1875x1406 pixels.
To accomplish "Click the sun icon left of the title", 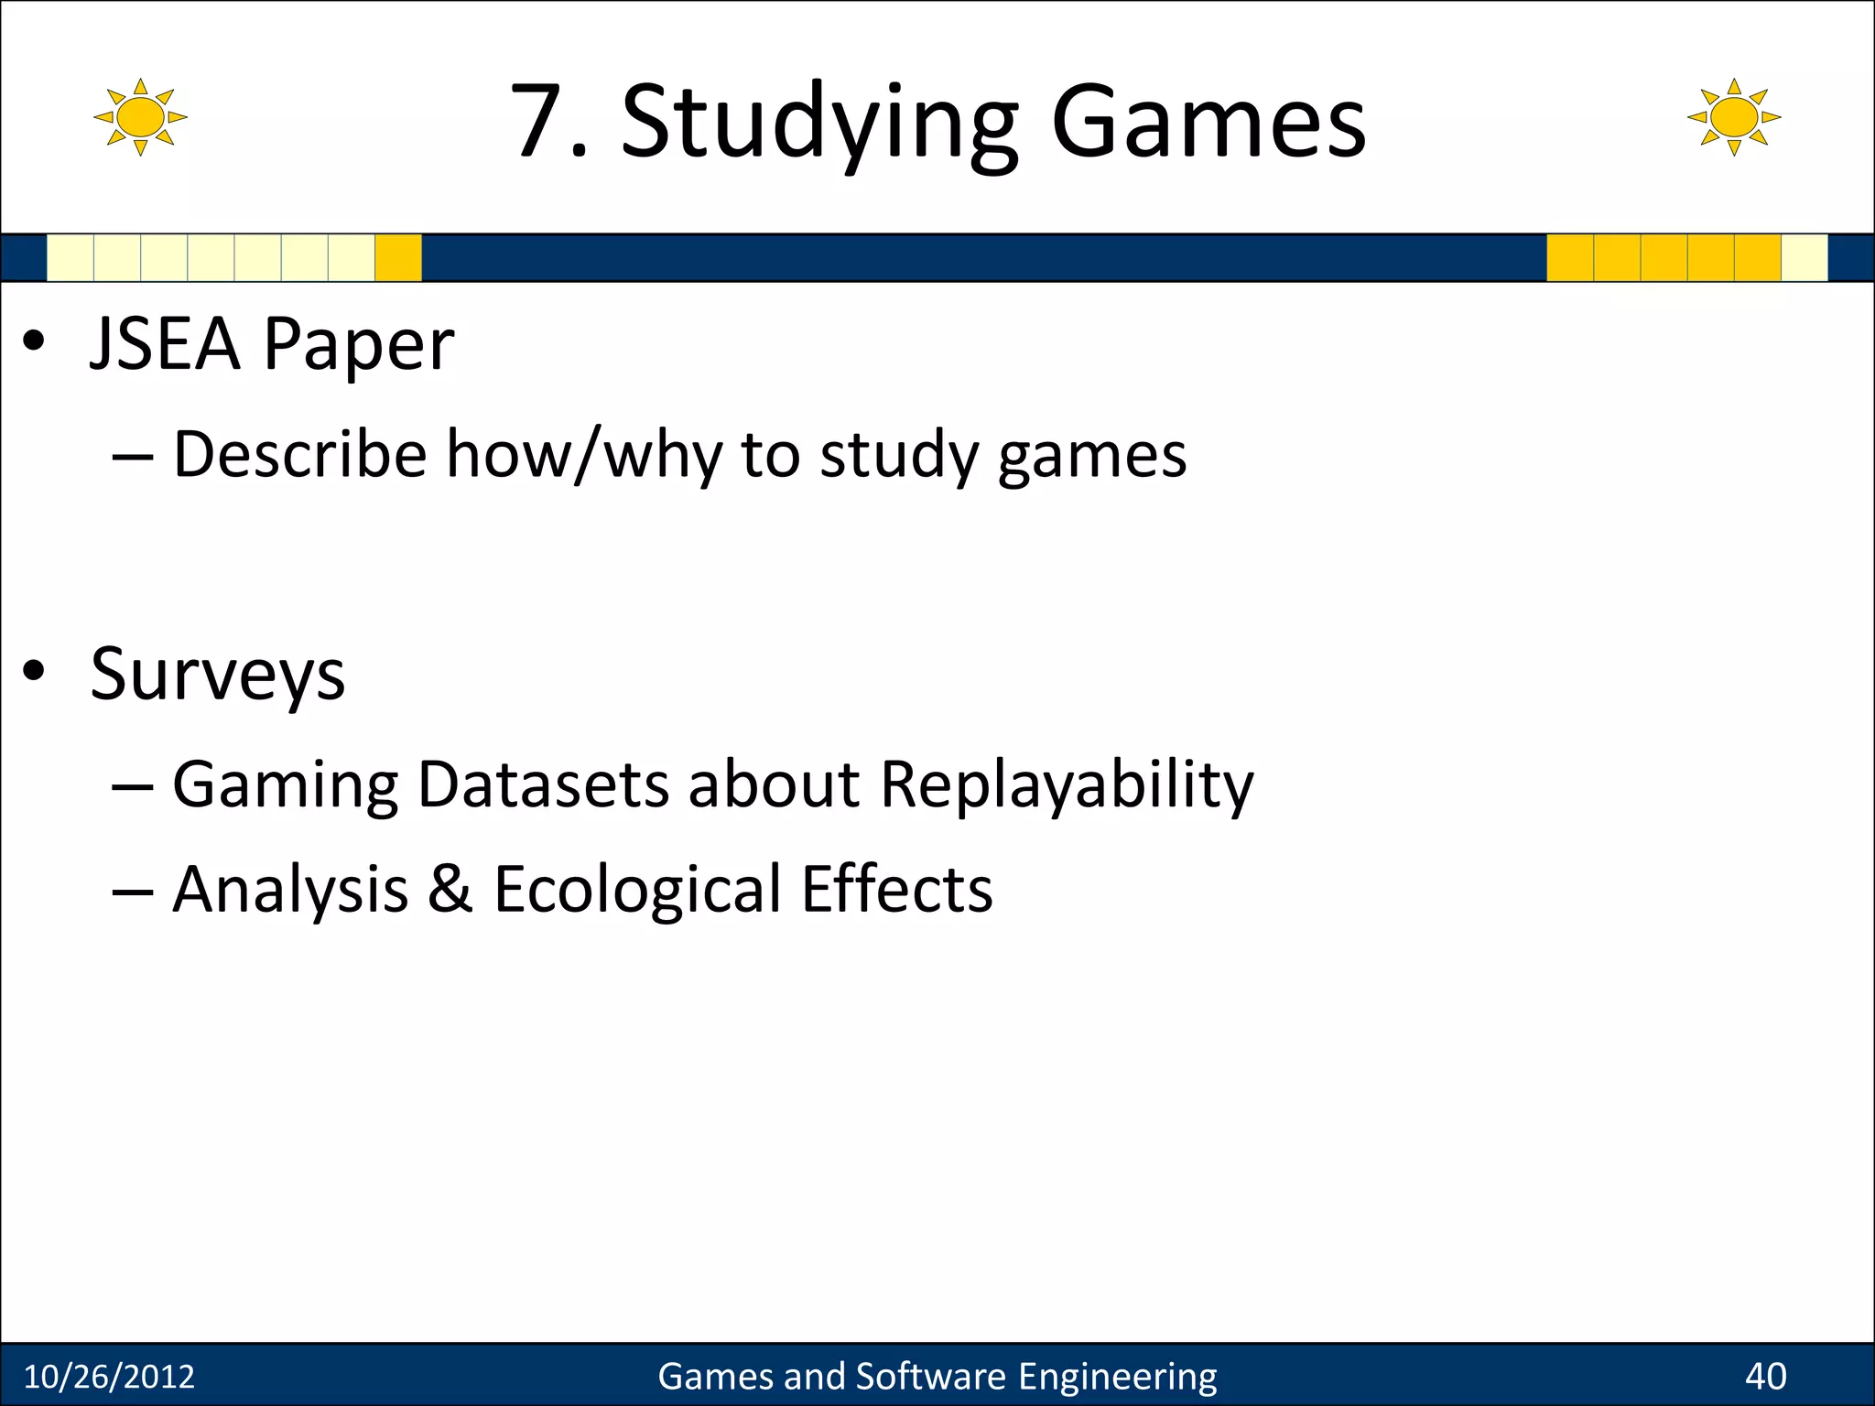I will coord(140,117).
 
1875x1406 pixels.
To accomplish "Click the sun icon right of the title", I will coord(1733,117).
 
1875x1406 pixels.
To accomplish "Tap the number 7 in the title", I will coord(537,121).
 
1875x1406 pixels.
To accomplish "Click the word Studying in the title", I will coord(819,124).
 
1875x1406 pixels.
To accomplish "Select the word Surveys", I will coord(218,676).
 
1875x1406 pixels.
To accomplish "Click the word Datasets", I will coord(543,784).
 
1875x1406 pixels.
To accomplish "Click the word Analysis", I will coord(290,891).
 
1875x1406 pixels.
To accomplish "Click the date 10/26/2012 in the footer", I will coord(109,1376).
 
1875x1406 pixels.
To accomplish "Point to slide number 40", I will coord(1765,1376).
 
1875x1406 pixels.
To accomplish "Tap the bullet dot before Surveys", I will coord(34,671).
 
